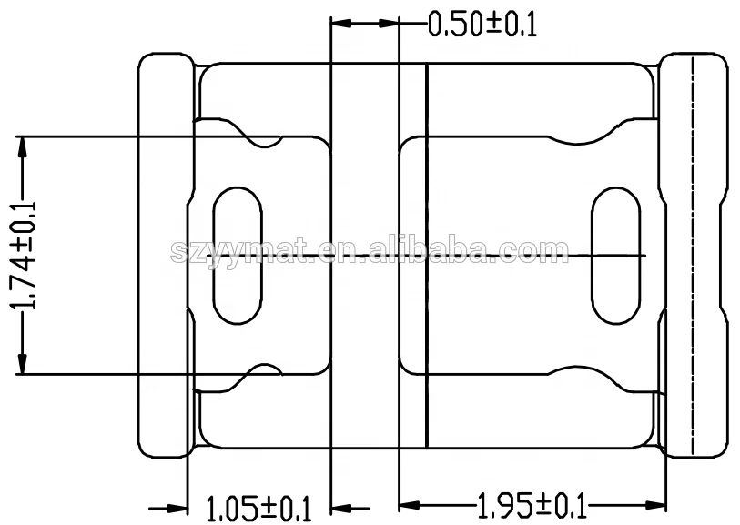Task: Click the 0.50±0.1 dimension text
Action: click(x=482, y=25)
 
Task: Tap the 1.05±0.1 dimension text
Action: click(x=259, y=506)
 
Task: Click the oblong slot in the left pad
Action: click(x=238, y=256)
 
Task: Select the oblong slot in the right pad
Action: click(x=615, y=256)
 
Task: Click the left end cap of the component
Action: click(x=164, y=256)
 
